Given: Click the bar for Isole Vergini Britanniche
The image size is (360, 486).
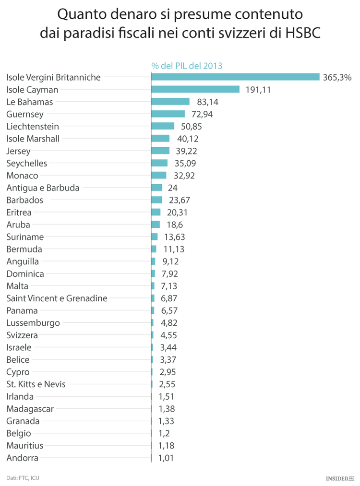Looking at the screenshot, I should (x=235, y=77).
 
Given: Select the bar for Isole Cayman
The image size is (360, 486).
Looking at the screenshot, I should (x=195, y=89).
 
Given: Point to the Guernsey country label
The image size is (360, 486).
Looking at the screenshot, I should (x=25, y=114).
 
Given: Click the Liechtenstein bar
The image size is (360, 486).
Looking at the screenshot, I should (x=163, y=126).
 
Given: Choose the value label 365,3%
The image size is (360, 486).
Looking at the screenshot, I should (x=337, y=77).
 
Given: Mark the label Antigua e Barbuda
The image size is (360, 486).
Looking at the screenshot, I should (x=43, y=188).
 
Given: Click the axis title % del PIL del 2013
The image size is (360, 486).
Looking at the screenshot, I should (x=187, y=66).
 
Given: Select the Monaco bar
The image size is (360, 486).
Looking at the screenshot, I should (x=159, y=176).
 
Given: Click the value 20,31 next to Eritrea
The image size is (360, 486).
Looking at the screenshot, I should (x=177, y=213).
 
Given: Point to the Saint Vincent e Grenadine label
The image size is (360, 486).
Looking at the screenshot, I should (x=57, y=298).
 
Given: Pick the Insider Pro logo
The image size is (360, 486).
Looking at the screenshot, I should (x=340, y=478).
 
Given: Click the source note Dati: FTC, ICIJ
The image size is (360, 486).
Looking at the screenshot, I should (x=23, y=478).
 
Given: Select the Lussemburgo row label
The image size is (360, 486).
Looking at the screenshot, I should (x=33, y=323).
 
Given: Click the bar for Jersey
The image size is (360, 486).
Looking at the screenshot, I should (x=160, y=151).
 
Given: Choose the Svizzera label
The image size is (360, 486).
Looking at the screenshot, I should (x=22, y=335).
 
